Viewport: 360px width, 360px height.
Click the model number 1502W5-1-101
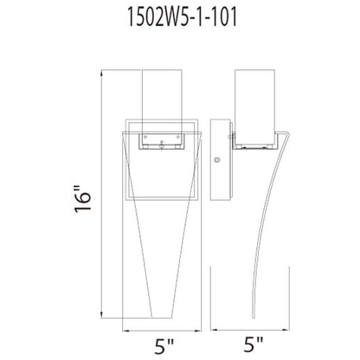179,16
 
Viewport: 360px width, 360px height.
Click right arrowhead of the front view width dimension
208,326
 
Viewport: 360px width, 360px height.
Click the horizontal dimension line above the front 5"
166,326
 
